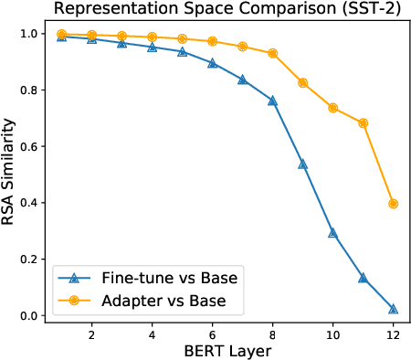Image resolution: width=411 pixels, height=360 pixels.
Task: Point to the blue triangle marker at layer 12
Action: point(393,309)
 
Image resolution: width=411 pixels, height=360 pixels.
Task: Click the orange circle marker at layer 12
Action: point(393,204)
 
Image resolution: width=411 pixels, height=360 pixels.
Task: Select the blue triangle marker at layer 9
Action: point(302,164)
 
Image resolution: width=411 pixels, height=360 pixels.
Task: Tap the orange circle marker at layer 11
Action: point(363,122)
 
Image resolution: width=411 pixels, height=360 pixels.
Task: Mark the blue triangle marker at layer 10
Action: point(332,233)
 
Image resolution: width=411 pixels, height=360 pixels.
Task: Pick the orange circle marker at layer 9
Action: point(302,83)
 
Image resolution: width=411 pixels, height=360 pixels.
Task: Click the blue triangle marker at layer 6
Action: point(212,63)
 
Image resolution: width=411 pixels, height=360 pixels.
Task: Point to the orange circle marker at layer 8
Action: point(272,53)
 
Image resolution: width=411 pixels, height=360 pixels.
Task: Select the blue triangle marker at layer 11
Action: point(363,278)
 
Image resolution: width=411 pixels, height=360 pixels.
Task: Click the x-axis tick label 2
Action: point(91,334)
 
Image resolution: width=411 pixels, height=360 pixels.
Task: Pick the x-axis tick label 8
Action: point(272,334)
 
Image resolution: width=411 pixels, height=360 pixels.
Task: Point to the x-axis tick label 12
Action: point(393,334)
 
